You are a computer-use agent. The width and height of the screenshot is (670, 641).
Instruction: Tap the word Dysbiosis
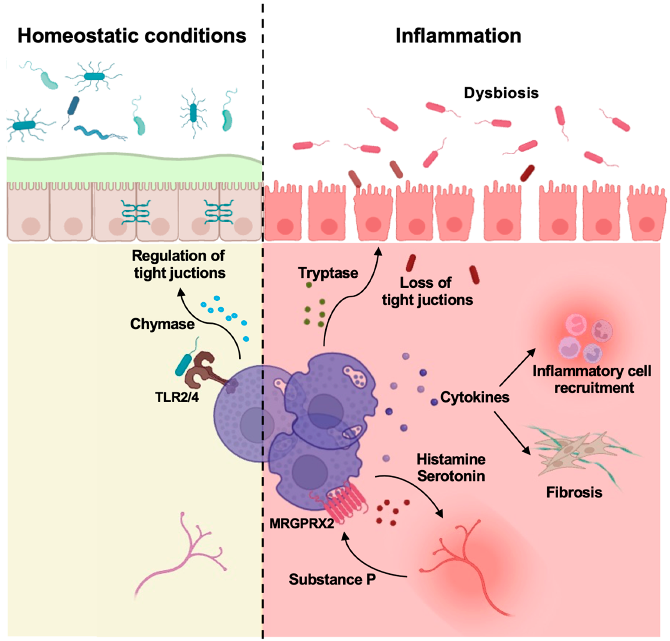coord(501,93)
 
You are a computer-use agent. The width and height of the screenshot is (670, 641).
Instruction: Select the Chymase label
coord(162,324)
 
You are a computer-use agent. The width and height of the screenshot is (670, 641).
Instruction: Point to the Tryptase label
coord(328,273)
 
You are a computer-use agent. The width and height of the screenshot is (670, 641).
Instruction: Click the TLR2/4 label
coord(177,397)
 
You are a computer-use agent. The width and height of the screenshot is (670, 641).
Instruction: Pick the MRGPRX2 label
coord(301,523)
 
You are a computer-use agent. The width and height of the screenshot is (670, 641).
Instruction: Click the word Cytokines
coord(475,397)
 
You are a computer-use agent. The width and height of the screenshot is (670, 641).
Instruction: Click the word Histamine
coord(451,460)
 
